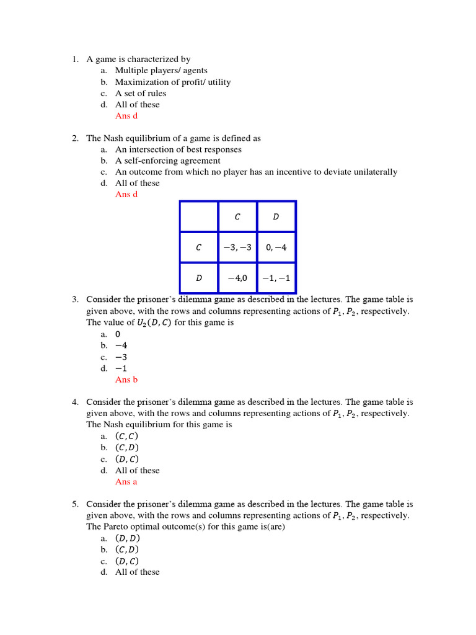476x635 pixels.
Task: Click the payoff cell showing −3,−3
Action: click(x=237, y=247)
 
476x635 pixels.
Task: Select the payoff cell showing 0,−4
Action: click(x=276, y=247)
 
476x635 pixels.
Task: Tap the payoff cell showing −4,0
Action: click(x=237, y=278)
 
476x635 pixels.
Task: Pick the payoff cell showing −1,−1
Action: click(x=276, y=278)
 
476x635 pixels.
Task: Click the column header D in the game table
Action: click(x=276, y=216)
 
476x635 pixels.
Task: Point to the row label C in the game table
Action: click(x=198, y=247)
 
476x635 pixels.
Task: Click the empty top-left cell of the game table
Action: click(x=198, y=216)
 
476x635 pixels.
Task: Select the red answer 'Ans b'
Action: click(x=126, y=380)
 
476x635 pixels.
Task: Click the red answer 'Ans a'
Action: click(x=126, y=482)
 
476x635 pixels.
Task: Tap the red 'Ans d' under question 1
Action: click(x=126, y=116)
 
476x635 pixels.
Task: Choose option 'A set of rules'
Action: click(x=141, y=93)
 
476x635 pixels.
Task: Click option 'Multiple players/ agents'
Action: click(x=161, y=71)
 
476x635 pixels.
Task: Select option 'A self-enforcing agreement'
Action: click(x=167, y=161)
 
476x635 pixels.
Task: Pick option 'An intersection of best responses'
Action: click(x=178, y=149)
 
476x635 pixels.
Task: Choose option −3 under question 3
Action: click(x=121, y=357)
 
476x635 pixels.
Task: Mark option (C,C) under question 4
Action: click(x=126, y=436)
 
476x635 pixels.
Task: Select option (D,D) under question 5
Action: click(x=127, y=538)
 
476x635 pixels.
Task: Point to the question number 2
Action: click(x=74, y=138)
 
